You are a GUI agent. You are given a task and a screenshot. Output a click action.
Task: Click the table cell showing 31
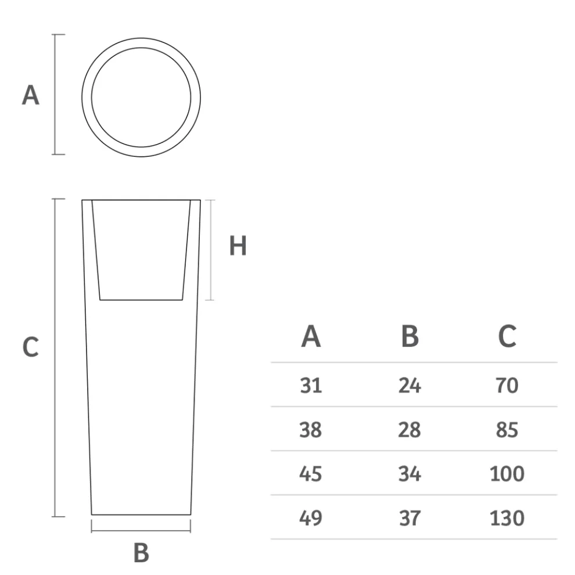click(311, 385)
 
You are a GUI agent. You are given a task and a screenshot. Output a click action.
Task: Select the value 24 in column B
click(409, 385)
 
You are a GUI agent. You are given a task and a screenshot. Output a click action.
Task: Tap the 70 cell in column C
click(507, 385)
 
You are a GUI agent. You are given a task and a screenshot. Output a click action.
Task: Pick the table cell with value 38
click(311, 430)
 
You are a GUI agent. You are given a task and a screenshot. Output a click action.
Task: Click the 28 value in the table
click(409, 430)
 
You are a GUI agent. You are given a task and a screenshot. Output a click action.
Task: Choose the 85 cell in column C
click(507, 430)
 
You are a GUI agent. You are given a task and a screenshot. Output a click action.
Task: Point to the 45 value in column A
click(311, 474)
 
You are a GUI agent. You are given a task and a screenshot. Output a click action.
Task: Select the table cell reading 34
click(409, 474)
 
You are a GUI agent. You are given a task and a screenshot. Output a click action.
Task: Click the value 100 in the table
click(507, 474)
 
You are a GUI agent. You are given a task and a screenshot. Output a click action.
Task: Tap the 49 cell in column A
click(311, 517)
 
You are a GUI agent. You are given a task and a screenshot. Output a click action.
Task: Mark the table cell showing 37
click(409, 517)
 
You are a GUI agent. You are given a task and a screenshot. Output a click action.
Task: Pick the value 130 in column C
click(507, 517)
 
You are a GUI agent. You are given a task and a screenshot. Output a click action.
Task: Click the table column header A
click(311, 336)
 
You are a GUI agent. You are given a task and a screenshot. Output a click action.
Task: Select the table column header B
click(410, 336)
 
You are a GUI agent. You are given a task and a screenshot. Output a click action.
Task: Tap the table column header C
click(507, 336)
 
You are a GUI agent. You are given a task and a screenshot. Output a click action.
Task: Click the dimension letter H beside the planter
click(238, 246)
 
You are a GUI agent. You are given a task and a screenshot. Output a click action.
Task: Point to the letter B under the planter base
click(141, 553)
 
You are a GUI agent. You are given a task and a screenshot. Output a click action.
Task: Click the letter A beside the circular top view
click(30, 95)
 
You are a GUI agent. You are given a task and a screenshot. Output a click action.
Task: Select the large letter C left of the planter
click(30, 347)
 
